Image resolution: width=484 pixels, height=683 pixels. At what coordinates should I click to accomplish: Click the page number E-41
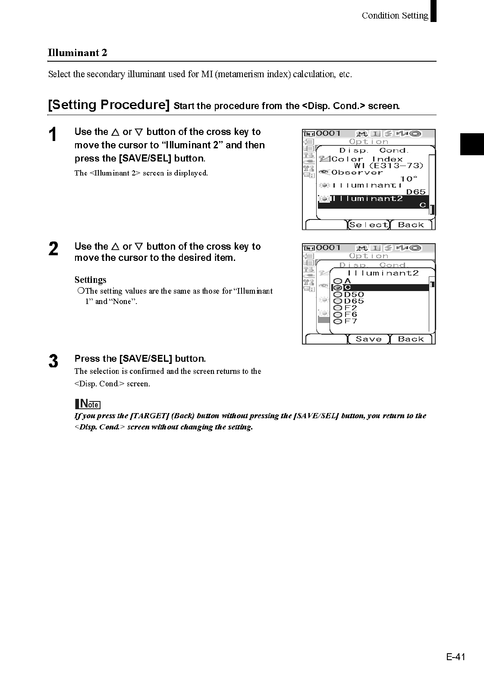click(456, 657)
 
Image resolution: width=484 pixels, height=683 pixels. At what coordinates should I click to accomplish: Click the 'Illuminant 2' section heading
click(78, 53)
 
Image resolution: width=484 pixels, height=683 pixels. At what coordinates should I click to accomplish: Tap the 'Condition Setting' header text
click(395, 16)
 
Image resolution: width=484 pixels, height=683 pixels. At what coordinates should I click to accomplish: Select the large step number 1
click(53, 135)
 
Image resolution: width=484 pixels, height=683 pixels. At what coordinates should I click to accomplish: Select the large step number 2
click(53, 249)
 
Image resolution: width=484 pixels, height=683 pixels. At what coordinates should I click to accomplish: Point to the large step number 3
click(53, 361)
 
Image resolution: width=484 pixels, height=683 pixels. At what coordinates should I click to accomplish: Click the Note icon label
click(88, 404)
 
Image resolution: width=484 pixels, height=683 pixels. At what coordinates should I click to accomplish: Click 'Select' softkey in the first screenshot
click(368, 225)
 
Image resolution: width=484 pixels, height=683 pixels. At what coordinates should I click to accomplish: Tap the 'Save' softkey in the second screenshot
click(368, 339)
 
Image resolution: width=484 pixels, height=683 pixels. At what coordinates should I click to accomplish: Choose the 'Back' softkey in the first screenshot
click(411, 225)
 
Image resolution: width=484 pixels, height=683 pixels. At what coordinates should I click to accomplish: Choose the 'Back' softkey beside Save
click(411, 339)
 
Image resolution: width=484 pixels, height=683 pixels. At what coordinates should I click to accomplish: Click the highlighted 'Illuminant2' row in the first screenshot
click(373, 201)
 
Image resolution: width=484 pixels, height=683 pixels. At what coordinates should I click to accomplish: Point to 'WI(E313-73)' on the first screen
click(388, 166)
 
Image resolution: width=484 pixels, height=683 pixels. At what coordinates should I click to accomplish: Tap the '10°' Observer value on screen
click(409, 179)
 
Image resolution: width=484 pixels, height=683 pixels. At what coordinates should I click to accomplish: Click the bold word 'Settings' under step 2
click(90, 280)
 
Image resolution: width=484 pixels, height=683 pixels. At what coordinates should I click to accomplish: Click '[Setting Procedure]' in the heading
click(109, 105)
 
